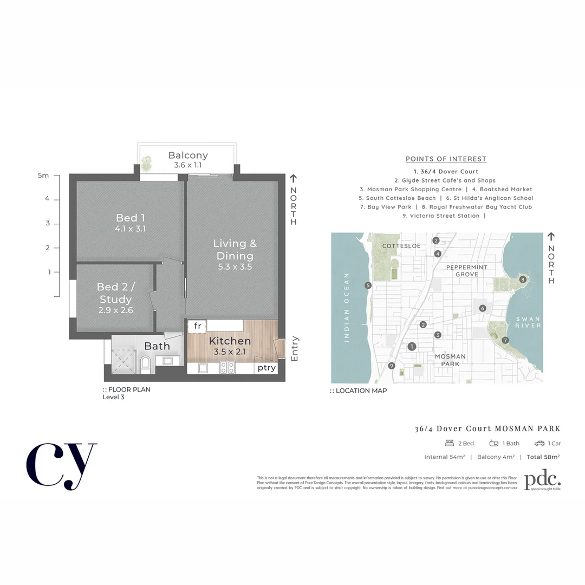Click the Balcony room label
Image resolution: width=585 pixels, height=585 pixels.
[x=187, y=155]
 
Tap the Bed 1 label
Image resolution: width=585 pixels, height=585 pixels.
[x=130, y=218]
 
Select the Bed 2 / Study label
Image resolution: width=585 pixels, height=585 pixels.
[x=115, y=293]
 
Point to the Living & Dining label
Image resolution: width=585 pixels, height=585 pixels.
[x=235, y=250]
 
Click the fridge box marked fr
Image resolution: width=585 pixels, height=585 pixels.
[x=197, y=326]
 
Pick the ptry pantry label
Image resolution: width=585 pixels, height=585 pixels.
[x=266, y=368]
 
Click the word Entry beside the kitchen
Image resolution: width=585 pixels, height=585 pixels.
[x=295, y=349]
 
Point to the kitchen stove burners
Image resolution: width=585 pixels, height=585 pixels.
[x=226, y=368]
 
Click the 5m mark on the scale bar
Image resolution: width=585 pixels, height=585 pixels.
[x=43, y=175]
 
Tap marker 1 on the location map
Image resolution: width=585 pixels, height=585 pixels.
[x=412, y=347]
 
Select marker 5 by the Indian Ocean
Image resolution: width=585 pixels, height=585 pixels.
[x=368, y=285]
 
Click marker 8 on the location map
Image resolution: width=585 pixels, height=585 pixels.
[x=522, y=279]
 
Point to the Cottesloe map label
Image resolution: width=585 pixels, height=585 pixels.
[x=401, y=246]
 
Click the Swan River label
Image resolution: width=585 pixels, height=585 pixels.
[x=528, y=322]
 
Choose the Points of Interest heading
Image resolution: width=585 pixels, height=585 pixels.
[x=446, y=159]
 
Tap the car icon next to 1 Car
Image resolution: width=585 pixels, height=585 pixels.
[x=539, y=443]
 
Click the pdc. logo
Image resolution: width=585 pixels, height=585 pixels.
[x=542, y=480]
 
